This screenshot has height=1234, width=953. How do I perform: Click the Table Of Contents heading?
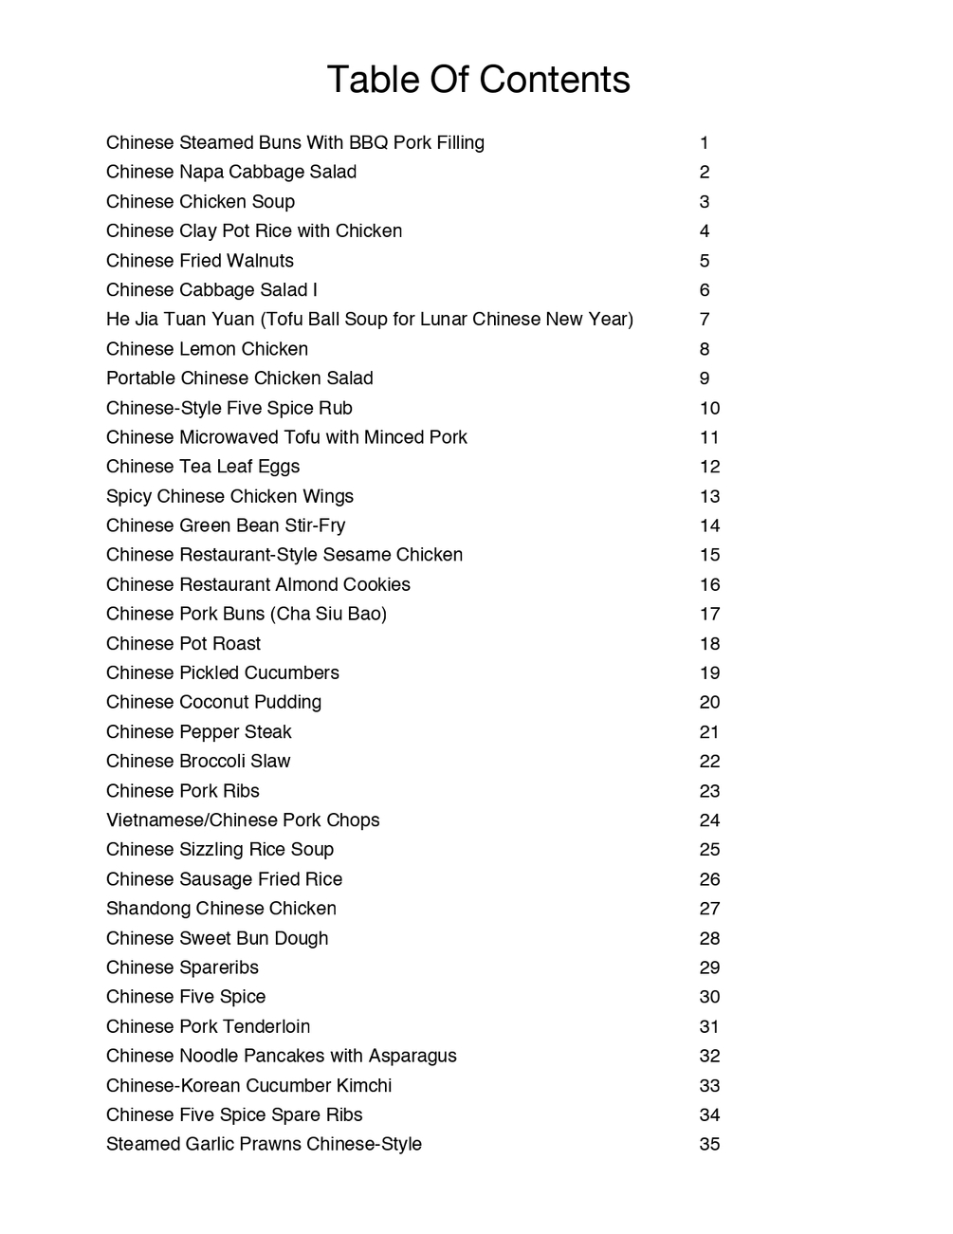(x=478, y=80)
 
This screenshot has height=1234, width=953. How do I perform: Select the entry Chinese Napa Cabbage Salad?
(x=231, y=172)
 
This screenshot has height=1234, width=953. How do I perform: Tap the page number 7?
(x=705, y=320)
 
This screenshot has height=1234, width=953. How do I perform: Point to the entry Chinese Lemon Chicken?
(x=207, y=349)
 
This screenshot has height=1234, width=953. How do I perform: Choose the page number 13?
(x=709, y=496)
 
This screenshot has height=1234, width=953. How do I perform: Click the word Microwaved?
(x=228, y=437)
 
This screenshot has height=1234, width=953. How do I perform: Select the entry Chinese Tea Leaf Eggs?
(x=203, y=467)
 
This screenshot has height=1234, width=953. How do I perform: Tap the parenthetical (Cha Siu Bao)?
(x=328, y=614)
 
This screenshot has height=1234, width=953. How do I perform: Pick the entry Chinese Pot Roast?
(x=183, y=643)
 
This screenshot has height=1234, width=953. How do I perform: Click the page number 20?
(x=709, y=702)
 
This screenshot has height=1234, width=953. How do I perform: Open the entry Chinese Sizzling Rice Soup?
(x=220, y=850)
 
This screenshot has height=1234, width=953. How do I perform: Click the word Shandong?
(x=148, y=909)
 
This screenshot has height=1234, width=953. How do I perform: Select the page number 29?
(x=709, y=967)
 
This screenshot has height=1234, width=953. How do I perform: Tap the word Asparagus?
(x=412, y=1056)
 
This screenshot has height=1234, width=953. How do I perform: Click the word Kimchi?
(x=363, y=1085)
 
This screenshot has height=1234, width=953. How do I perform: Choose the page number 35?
(x=709, y=1144)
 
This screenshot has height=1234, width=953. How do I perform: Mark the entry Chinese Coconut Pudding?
(x=213, y=702)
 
